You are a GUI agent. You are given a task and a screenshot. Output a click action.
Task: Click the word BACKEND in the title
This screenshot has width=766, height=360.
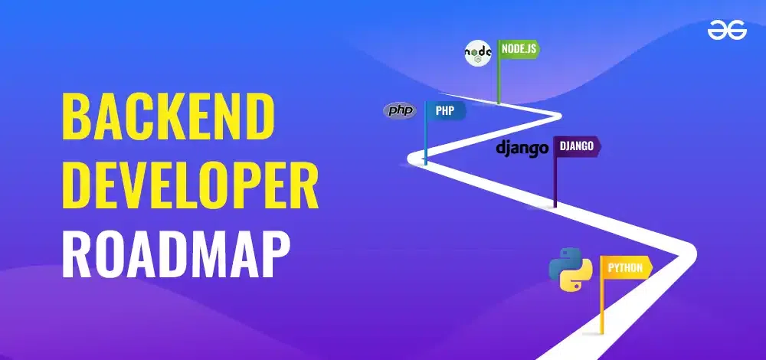pos(168,116)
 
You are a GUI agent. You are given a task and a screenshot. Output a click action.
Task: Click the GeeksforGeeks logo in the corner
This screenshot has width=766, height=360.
pos(727,32)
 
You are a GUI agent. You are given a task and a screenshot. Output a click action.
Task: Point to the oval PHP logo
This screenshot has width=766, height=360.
pos(400,111)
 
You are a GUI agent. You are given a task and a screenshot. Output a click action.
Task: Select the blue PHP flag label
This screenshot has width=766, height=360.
pos(446,110)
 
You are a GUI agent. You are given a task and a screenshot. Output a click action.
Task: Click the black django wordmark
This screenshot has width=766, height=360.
pos(522,148)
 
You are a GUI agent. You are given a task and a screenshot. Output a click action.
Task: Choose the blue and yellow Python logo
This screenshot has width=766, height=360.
pos(571,270)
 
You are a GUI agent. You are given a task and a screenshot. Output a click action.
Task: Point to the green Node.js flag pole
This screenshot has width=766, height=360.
pos(499,72)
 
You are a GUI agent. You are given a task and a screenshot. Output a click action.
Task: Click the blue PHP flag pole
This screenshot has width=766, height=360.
pos(425,133)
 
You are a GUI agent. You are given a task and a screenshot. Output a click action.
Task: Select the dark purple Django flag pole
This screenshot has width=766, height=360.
pos(555,172)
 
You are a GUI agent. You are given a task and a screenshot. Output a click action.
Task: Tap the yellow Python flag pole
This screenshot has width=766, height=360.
pos(601,295)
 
